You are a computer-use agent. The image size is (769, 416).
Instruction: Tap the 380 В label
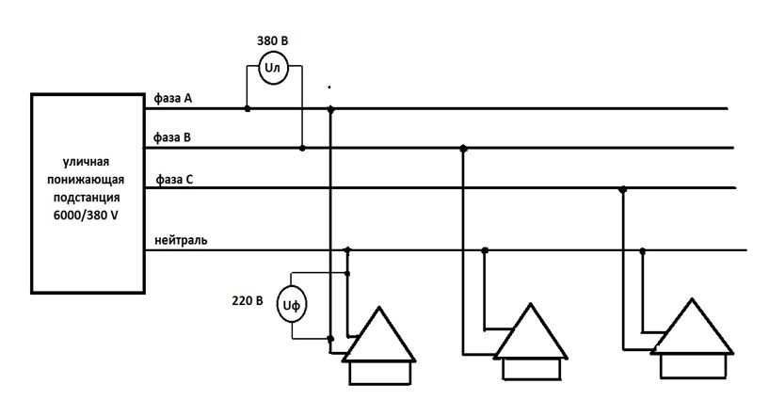[x=272, y=41]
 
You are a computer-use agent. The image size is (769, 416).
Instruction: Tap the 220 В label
[x=246, y=303]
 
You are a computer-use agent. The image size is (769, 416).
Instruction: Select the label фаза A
[x=174, y=98]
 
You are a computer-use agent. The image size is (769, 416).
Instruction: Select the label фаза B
[x=174, y=137]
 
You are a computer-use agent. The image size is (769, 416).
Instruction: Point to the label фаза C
[x=174, y=178]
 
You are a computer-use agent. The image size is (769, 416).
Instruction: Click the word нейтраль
[x=182, y=240]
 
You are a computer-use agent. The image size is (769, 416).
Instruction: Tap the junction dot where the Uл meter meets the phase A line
[x=248, y=109]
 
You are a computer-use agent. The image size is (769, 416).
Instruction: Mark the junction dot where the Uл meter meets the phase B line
[x=301, y=148]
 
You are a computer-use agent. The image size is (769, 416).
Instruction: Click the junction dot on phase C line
[x=622, y=189]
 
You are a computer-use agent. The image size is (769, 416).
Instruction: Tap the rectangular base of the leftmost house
[x=379, y=374]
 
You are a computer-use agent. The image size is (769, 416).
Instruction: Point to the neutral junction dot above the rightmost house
[x=643, y=250]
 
